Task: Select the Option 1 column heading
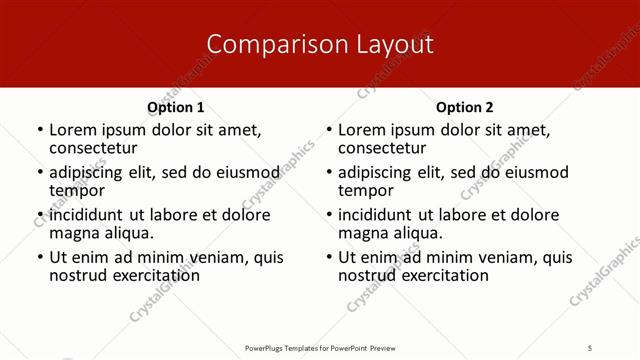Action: pos(176,107)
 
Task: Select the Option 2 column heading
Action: pos(465,107)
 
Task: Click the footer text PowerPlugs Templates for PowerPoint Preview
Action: pos(320,347)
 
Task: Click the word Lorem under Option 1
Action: pos(72,129)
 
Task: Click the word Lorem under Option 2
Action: pos(361,129)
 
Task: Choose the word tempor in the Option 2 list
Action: pos(365,190)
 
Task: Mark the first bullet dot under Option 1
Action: pos(39,130)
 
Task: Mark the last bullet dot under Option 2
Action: pos(328,258)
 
